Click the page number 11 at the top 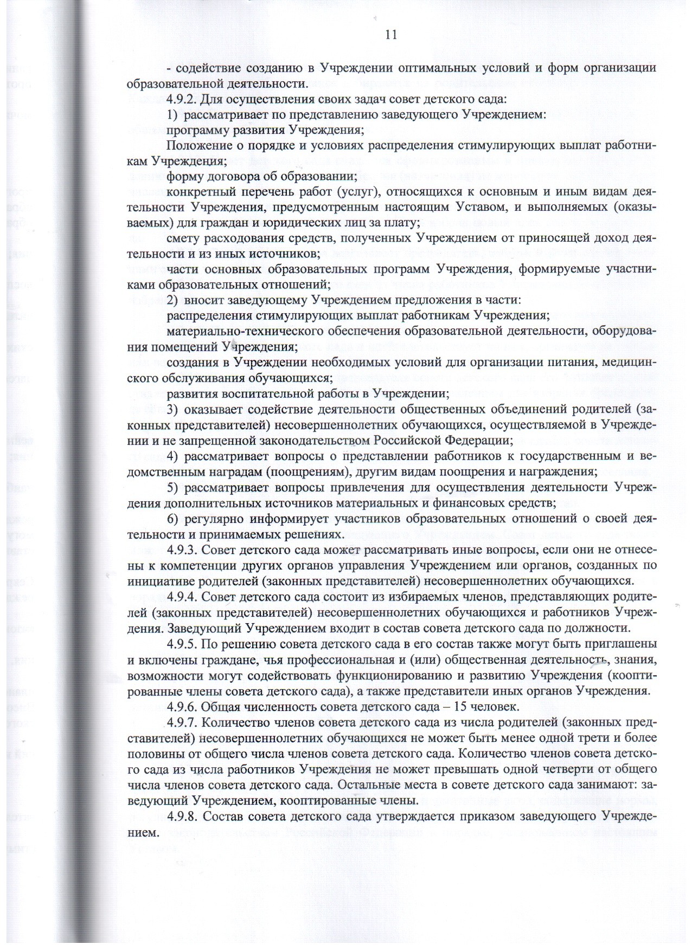[391, 35]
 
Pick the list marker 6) [173, 519]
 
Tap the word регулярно [214, 519]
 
